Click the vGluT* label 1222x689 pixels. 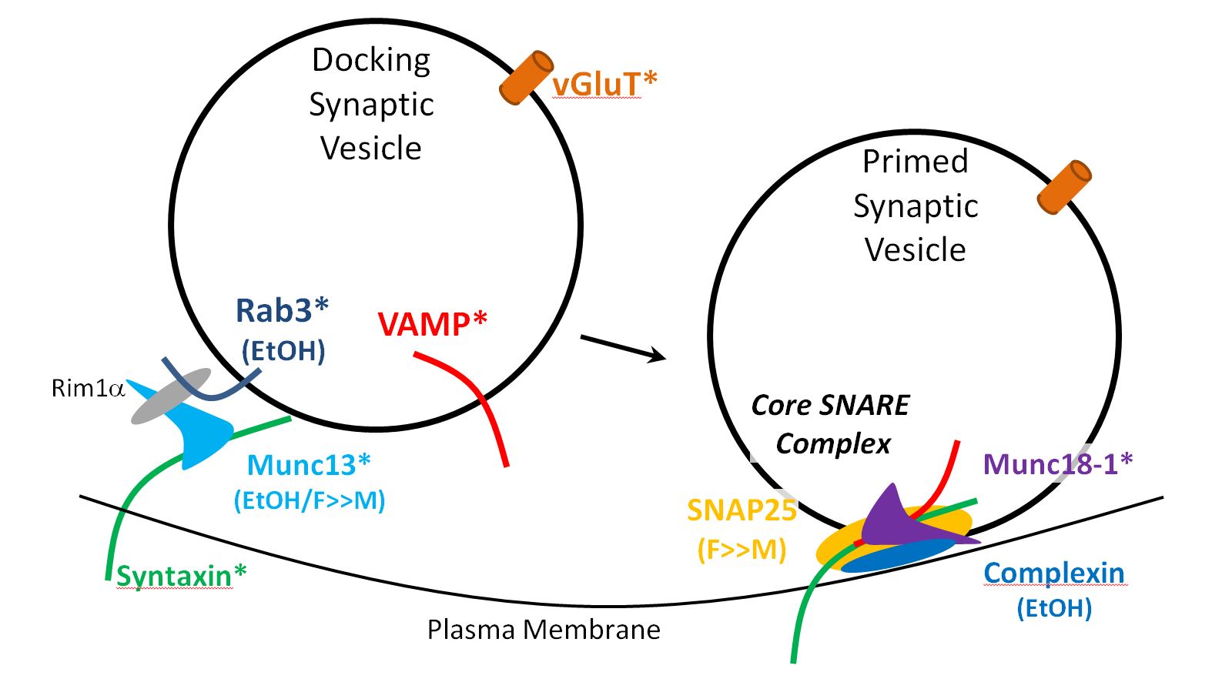click(604, 83)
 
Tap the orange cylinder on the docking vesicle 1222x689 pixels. click(527, 78)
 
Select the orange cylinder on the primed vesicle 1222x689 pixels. click(1064, 187)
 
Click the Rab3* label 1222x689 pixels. click(282, 311)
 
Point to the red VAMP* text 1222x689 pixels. click(433, 324)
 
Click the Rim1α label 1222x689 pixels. click(88, 388)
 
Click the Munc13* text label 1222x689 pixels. click(309, 466)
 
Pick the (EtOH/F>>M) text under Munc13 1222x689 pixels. click(310, 500)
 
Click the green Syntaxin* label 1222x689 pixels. click(182, 575)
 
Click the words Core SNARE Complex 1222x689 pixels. click(832, 424)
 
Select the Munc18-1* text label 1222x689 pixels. click(1058, 464)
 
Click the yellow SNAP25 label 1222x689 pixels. click(741, 510)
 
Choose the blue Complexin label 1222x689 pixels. click(1054, 574)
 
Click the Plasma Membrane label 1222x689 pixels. click(544, 630)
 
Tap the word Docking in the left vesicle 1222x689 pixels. click(371, 60)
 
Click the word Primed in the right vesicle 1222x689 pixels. click(915, 162)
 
